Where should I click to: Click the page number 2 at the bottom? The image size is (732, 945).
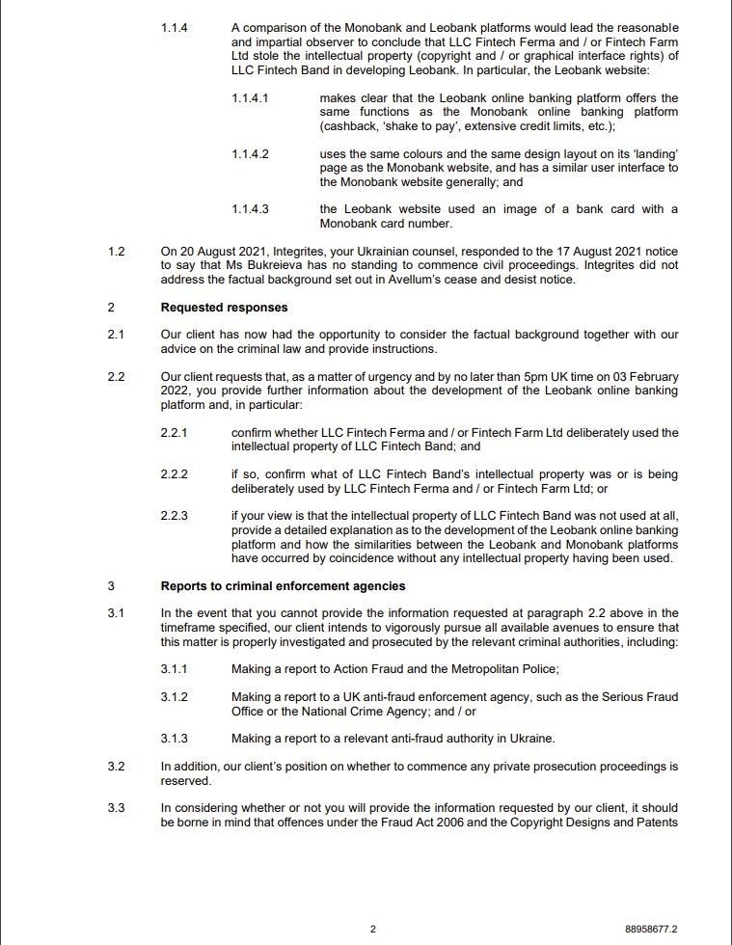372,929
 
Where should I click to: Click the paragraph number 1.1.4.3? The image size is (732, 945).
250,209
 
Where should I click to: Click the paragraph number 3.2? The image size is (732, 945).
117,767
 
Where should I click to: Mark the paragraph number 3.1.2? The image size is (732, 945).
175,696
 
